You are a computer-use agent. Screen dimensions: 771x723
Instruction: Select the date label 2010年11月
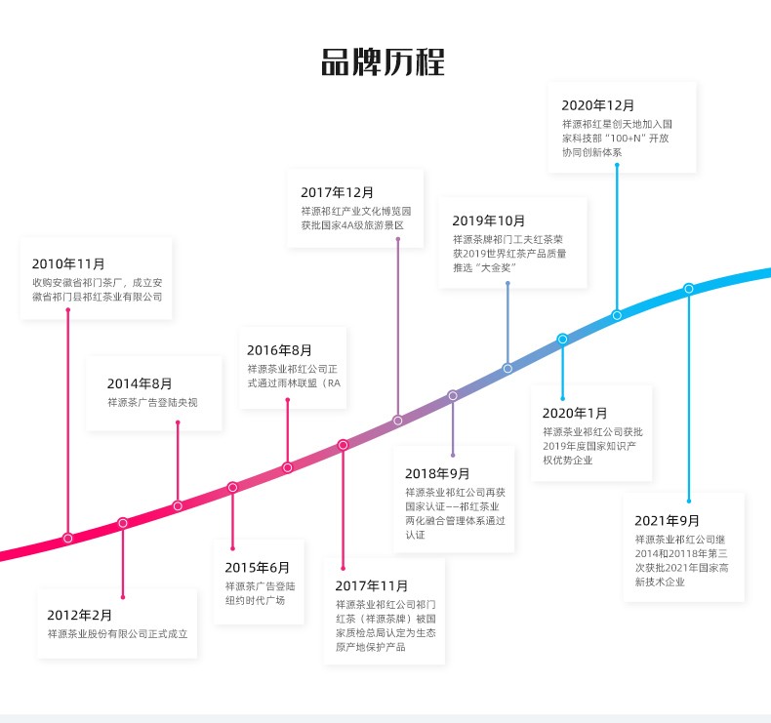point(68,263)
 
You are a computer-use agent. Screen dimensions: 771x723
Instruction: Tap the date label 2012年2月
point(80,615)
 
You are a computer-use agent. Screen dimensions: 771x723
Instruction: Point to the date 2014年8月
point(140,383)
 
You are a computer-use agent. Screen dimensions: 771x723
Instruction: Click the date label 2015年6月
point(258,567)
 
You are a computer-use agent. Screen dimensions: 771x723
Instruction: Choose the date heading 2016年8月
point(279,350)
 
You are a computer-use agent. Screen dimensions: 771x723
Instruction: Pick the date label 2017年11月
point(372,585)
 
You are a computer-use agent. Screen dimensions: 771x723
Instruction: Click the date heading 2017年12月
point(338,192)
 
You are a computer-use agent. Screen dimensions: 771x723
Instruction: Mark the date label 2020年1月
point(575,413)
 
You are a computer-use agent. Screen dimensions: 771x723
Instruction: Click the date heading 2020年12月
point(598,104)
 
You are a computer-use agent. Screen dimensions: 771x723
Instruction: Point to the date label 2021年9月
point(667,520)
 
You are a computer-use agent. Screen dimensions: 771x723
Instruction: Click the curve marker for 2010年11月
point(68,538)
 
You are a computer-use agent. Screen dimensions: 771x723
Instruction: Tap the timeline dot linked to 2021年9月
point(689,289)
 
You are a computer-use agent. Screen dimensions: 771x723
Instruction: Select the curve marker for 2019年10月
point(507,368)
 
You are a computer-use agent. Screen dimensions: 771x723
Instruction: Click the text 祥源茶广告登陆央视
point(152,402)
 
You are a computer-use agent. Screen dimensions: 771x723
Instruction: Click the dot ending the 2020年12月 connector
point(617,315)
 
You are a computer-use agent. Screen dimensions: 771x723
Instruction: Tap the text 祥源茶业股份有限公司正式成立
point(117,634)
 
